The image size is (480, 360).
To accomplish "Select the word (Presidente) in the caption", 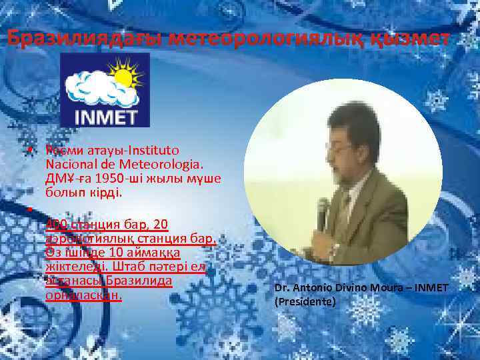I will pos(304,301).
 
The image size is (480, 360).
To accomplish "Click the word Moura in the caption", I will pos(389,287).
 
